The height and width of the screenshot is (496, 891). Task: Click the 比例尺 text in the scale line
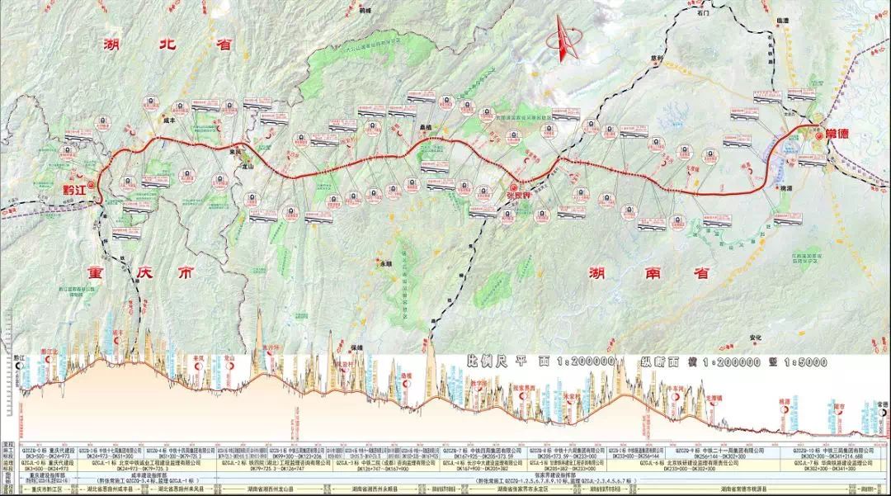[487, 361]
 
